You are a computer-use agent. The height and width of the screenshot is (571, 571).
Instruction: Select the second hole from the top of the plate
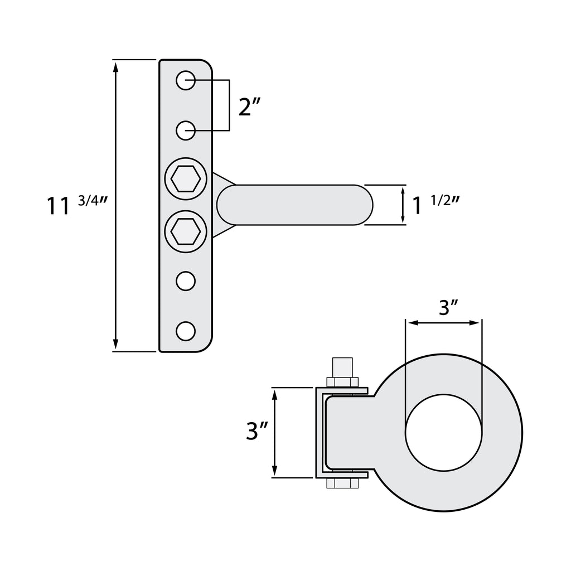[x=186, y=130]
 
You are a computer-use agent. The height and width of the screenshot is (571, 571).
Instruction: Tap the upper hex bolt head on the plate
[x=186, y=180]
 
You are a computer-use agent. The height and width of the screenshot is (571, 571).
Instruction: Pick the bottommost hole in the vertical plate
[x=186, y=331]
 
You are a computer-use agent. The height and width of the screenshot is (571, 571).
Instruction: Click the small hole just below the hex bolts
[x=186, y=281]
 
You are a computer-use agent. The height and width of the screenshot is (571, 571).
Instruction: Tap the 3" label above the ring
[x=448, y=307]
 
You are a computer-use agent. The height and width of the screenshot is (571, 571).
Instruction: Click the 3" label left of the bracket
[x=257, y=432]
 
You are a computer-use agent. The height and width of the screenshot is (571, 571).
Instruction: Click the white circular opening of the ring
[x=444, y=432]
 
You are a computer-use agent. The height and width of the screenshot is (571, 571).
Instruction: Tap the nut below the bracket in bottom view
[x=342, y=483]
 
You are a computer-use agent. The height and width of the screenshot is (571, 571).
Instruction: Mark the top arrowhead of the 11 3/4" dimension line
[x=115, y=66]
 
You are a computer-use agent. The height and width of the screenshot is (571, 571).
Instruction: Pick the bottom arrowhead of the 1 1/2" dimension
[x=403, y=220]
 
